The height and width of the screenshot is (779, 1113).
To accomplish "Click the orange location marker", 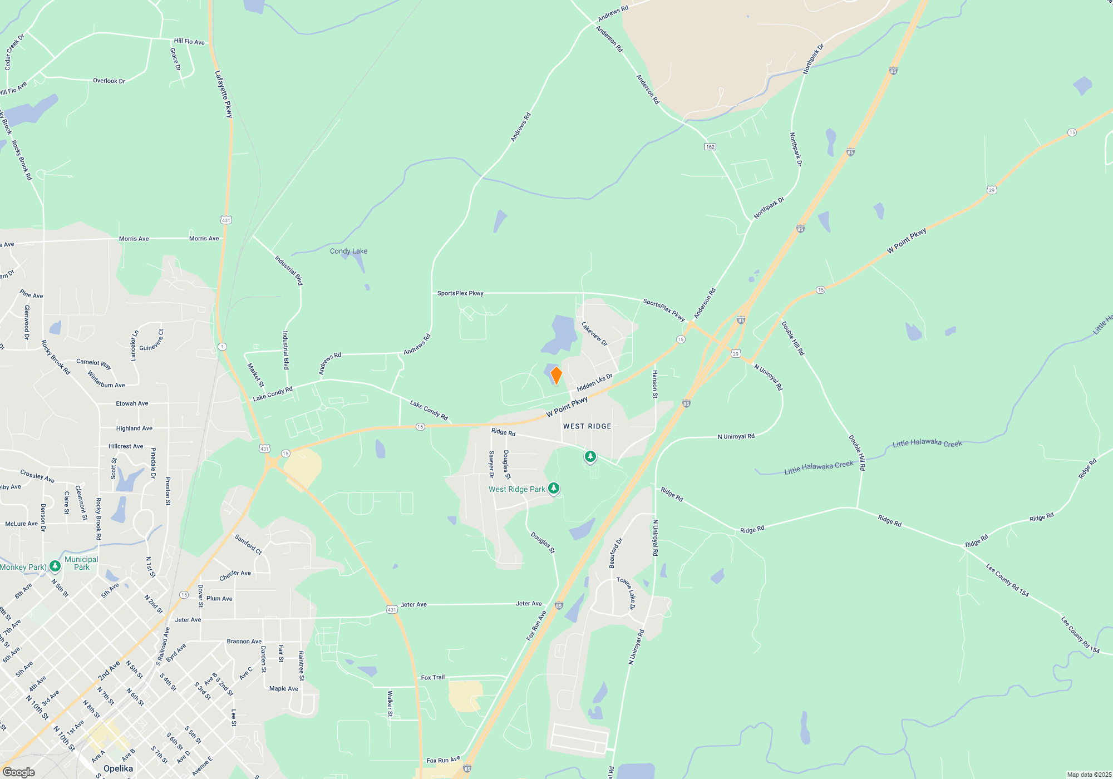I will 556,376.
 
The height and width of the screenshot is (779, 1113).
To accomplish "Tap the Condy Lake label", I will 348,251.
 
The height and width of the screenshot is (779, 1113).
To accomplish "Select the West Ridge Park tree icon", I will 554,489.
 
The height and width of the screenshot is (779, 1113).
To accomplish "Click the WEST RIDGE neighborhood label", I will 587,426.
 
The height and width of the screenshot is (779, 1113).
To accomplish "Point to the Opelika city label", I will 118,768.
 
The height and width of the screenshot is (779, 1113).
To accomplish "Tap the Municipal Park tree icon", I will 55,566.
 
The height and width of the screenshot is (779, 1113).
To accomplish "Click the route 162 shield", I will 710,147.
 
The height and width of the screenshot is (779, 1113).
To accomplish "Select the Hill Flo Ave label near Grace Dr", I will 189,41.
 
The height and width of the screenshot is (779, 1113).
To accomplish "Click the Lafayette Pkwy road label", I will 224,93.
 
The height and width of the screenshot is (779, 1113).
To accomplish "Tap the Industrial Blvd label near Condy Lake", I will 289,270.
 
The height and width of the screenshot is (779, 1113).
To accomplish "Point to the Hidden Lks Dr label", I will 594,383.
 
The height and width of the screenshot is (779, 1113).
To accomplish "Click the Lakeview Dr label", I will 594,334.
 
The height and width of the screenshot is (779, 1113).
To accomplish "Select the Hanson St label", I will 655,384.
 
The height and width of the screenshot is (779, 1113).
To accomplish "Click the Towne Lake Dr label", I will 626,594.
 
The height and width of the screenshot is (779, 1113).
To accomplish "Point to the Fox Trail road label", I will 432,677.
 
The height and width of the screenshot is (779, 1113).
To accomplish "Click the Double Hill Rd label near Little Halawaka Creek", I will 857,453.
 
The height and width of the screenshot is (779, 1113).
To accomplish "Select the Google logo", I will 18,772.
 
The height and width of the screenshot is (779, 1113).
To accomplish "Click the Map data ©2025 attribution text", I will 1089,775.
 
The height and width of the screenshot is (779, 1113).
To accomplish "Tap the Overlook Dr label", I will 109,81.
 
